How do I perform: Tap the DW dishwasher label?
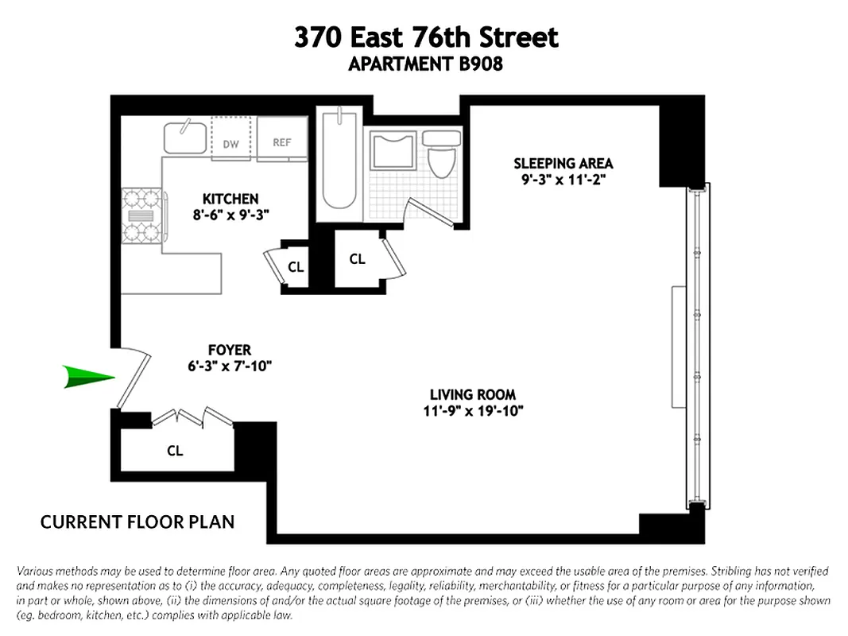click(230, 144)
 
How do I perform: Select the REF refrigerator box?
click(281, 142)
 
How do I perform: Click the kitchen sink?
click(186, 137)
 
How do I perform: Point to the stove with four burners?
click(141, 215)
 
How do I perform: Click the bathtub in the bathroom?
click(339, 163)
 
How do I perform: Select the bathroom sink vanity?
click(393, 149)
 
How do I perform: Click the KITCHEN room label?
click(230, 199)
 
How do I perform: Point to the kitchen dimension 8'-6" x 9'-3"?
click(230, 214)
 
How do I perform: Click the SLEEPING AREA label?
click(563, 164)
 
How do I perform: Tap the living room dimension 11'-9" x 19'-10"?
click(472, 410)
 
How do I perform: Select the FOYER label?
click(229, 350)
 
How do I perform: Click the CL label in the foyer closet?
click(175, 451)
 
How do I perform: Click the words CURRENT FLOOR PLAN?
click(137, 522)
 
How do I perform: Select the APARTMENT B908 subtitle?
click(425, 64)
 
